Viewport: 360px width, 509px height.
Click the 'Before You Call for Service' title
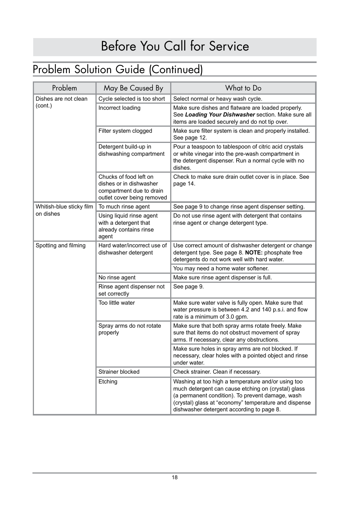(175, 46)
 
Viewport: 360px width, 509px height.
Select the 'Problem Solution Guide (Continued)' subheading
(118, 70)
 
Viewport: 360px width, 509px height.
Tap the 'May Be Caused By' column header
(133, 88)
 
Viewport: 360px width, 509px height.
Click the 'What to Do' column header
(243, 88)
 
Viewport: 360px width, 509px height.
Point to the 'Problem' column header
(65, 88)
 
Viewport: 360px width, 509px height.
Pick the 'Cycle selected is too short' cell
(132, 99)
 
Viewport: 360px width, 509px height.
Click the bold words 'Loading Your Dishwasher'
(220, 115)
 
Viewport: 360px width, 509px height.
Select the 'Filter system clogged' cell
(125, 131)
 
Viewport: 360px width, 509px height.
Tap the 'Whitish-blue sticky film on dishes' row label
(64, 210)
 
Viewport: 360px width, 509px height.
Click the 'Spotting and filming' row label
(60, 245)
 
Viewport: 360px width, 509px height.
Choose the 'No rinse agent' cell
(117, 277)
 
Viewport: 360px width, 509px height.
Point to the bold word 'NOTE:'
(254, 253)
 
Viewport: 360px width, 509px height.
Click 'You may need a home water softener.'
(221, 268)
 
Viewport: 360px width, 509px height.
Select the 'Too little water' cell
(117, 303)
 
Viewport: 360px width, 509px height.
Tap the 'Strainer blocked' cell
(119, 372)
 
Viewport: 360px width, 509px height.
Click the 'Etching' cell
(108, 382)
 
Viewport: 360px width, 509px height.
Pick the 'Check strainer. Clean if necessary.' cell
(217, 372)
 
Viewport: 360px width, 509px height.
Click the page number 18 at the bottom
(175, 477)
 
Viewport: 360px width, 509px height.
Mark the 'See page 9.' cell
(188, 287)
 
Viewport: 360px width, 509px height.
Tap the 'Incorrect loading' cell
(119, 108)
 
